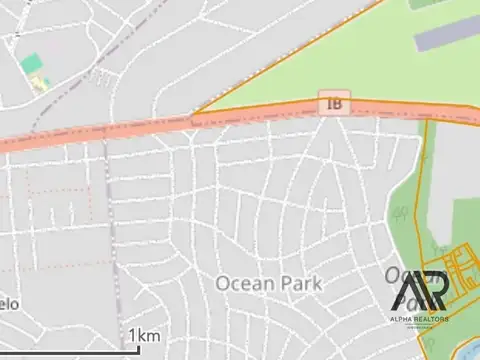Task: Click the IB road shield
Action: tap(334, 104)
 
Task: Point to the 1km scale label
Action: tap(145, 335)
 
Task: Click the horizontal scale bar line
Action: tap(70, 349)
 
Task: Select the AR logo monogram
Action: tap(420, 291)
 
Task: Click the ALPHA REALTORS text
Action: tap(419, 318)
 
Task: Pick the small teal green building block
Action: tap(31, 64)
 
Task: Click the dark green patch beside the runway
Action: tap(420, 4)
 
